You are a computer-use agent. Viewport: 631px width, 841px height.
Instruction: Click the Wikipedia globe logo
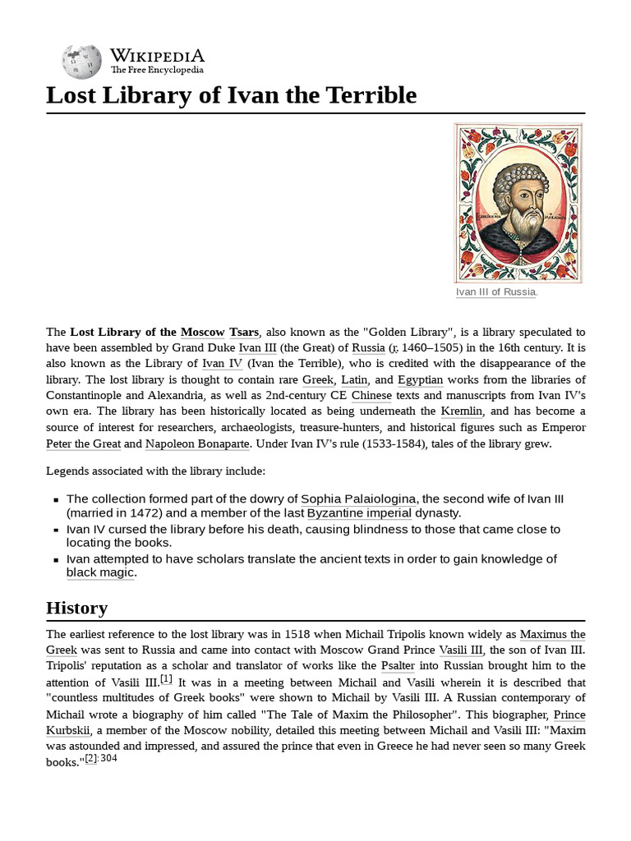tap(81, 60)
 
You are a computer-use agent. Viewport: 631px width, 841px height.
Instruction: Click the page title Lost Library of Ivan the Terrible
tap(232, 95)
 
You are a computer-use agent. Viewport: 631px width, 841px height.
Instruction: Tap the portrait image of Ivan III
tap(519, 203)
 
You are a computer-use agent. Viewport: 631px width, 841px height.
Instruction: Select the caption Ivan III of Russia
tap(496, 292)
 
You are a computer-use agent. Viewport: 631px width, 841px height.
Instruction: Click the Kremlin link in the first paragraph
tap(462, 411)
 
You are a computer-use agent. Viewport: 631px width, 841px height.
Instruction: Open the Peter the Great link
tap(84, 443)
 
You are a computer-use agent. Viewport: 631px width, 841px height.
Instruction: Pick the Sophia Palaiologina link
tap(358, 499)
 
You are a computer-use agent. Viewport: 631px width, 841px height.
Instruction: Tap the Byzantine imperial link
tap(359, 513)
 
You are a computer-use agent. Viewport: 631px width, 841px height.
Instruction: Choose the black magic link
tap(99, 572)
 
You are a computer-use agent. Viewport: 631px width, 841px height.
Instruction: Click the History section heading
tap(76, 608)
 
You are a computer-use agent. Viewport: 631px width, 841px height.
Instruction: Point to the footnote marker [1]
tap(166, 679)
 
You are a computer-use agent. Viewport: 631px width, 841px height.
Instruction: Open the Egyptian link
tap(420, 379)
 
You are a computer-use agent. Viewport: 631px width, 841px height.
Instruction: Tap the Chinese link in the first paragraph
tap(371, 395)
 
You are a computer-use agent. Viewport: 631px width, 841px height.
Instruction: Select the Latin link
tap(354, 379)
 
